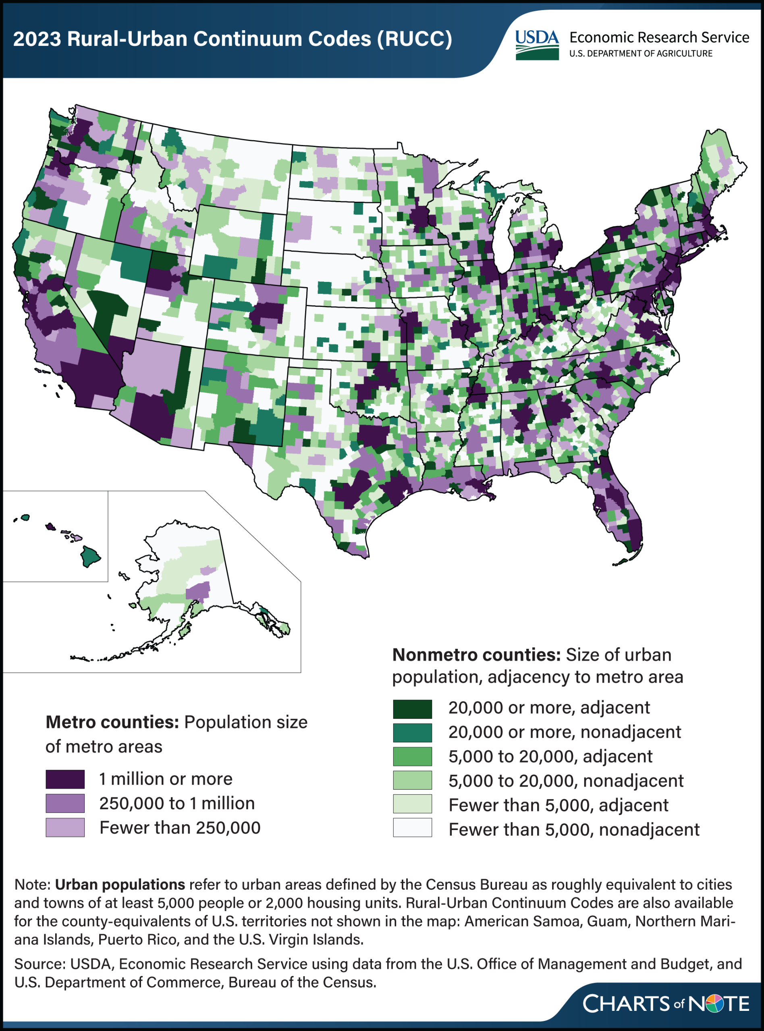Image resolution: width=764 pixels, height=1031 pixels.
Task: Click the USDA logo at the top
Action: tap(536, 44)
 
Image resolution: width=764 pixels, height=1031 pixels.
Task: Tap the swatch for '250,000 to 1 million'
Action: tap(65, 803)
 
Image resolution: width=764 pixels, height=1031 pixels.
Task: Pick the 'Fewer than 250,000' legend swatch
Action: tap(65, 828)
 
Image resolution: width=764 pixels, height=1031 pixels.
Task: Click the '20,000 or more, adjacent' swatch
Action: tap(412, 709)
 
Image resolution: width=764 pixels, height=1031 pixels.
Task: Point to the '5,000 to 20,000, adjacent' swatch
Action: tap(412, 756)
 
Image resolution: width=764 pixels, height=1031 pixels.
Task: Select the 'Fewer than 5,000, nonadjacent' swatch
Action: tap(412, 828)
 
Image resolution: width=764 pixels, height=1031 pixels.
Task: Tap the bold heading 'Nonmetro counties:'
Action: tap(476, 655)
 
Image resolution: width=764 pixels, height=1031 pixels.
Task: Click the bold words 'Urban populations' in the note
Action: tap(120, 884)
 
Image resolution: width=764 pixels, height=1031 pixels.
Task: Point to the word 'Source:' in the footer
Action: tap(40, 963)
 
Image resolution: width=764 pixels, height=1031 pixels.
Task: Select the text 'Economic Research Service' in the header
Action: tap(659, 37)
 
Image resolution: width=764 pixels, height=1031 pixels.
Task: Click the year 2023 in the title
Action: tap(37, 39)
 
